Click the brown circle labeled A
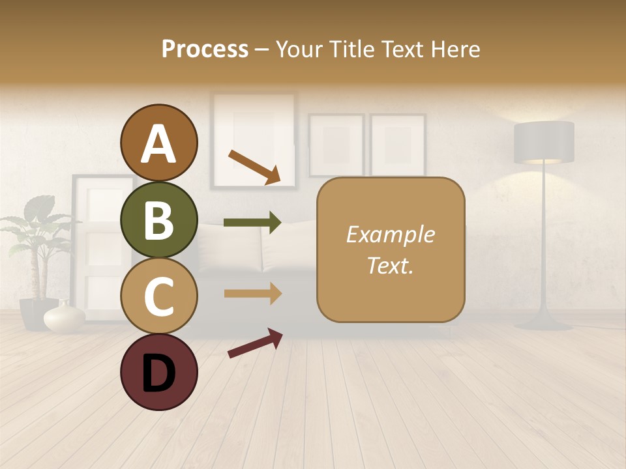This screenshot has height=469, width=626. pos(158,143)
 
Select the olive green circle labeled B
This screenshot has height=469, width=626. pos(158,220)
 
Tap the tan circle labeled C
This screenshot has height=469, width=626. pos(158,296)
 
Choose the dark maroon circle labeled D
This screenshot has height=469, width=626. pos(158,372)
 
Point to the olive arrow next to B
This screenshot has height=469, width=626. pos(252,223)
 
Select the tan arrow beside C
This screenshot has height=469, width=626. pos(252,294)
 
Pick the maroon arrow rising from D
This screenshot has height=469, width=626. pos(255,343)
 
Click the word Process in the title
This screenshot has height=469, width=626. pos(205,49)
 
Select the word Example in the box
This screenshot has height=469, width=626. pos(390,234)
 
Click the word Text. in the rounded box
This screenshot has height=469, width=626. pos(390,265)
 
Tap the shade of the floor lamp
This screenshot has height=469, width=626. pos(544,142)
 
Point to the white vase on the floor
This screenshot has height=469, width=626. pos(65,317)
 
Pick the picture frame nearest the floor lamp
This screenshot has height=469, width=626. pos(398,145)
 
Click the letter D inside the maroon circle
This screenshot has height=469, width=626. pos(158,373)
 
